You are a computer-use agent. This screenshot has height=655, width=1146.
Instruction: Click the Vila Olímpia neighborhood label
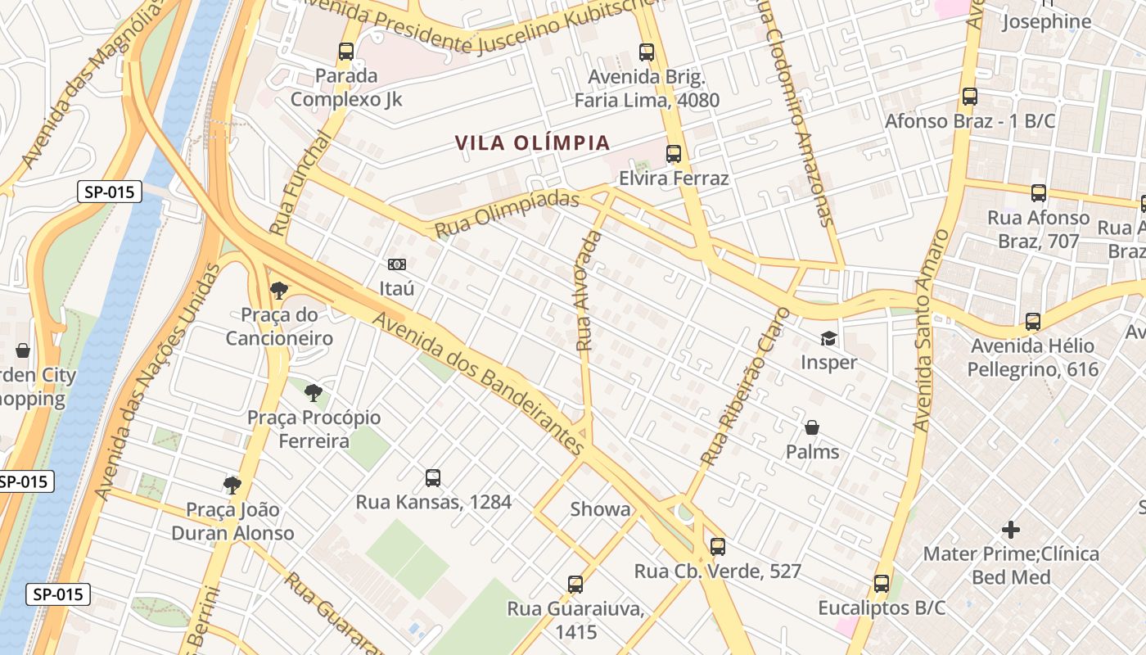[533, 143]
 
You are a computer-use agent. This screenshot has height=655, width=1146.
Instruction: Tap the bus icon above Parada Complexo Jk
[346, 52]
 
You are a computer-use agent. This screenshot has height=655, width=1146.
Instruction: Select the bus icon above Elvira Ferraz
[674, 154]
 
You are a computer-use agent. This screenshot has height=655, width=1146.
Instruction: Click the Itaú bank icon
[397, 264]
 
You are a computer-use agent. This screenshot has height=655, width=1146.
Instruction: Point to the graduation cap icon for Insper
[829, 338]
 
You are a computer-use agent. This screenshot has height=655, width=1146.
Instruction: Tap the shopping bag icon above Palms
[812, 427]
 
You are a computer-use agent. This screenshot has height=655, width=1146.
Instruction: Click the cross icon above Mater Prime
[1011, 530]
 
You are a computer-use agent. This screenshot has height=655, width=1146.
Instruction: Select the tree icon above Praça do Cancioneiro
[279, 290]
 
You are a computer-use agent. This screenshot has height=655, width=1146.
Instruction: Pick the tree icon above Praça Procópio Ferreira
[313, 393]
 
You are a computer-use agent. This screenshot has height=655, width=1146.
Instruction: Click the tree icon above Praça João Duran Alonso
[232, 486]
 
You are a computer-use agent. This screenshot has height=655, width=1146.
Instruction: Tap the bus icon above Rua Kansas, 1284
[433, 478]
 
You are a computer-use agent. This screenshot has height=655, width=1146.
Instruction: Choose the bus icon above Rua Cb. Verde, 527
[718, 547]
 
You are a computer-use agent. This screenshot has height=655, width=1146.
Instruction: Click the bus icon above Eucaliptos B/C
[882, 584]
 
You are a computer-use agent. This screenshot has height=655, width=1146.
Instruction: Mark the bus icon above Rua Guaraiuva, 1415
[575, 585]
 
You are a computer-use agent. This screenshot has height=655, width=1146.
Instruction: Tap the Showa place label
[601, 509]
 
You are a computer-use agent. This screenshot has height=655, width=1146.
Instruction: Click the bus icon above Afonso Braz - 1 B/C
[970, 97]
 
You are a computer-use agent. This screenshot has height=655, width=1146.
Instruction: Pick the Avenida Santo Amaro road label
[932, 331]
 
